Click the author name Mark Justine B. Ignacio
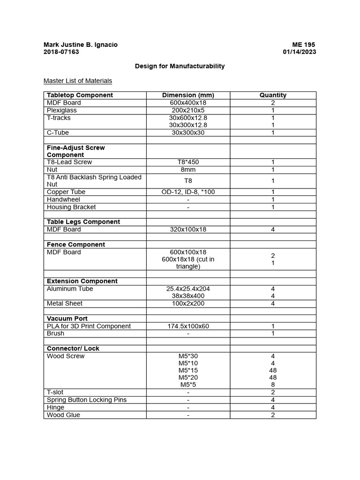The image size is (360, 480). click(80, 45)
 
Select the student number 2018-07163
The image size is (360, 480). click(61, 52)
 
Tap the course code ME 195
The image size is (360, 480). click(304, 45)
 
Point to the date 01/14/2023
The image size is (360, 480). click(299, 52)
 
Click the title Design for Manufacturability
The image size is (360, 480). click(180, 66)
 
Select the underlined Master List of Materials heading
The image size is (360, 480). click(78, 81)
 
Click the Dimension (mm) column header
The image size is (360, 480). click(188, 95)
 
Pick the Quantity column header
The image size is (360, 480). click(273, 95)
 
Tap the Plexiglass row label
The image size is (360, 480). click(62, 110)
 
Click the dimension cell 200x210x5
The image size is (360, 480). click(188, 110)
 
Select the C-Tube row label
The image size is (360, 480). click(59, 133)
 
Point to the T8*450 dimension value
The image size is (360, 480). click(188, 162)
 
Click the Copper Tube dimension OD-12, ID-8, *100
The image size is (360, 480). click(188, 192)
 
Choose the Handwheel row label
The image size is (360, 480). click(63, 200)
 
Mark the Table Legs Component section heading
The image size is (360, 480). click(83, 222)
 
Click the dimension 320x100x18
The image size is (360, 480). click(188, 230)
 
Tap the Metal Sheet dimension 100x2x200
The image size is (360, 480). click(188, 304)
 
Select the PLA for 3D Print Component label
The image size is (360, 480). click(89, 326)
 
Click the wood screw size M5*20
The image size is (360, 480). click(188, 377)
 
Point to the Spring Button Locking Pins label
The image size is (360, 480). click(87, 400)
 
